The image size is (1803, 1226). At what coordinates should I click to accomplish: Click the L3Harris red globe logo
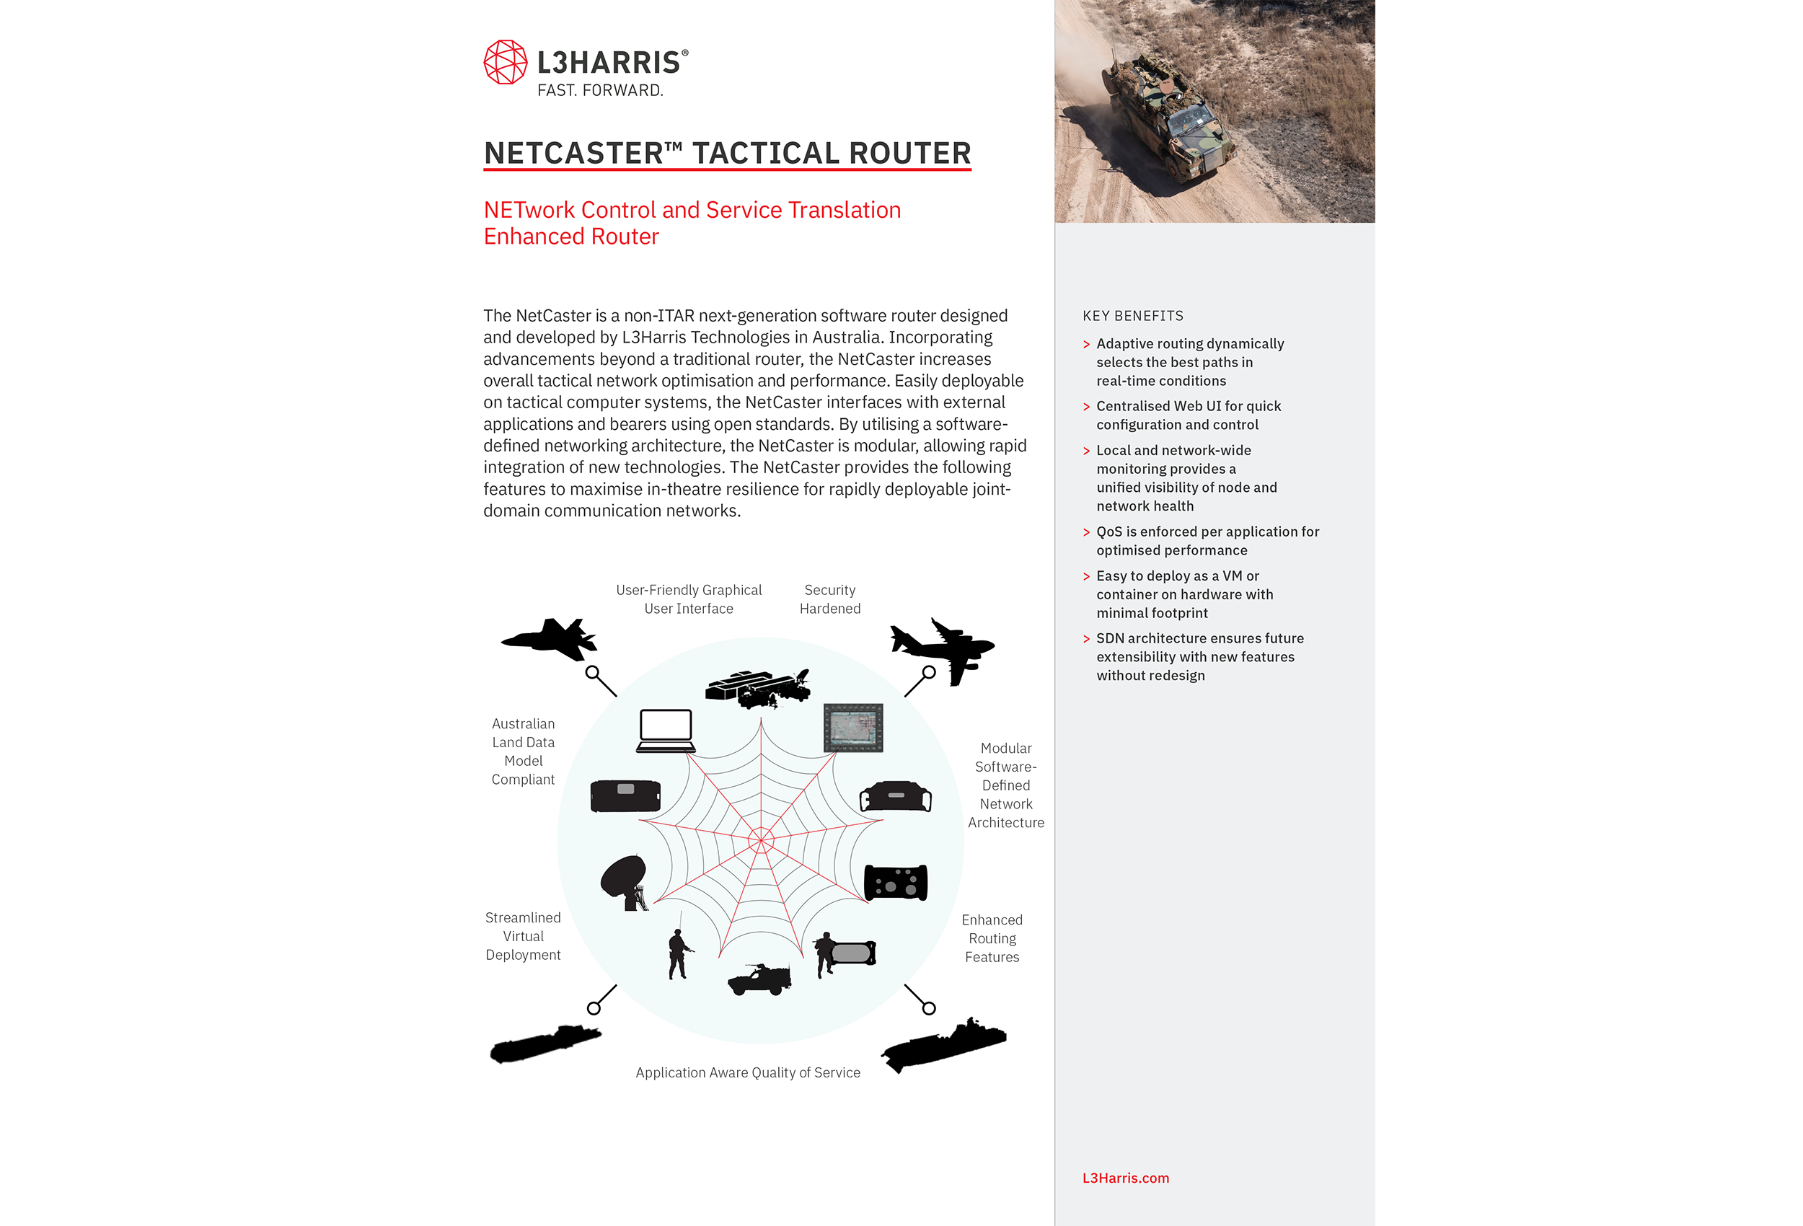click(505, 62)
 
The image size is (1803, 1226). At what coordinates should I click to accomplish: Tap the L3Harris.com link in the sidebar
click(1125, 1178)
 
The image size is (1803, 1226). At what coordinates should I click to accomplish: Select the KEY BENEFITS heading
click(1133, 316)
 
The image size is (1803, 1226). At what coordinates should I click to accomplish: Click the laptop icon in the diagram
click(666, 730)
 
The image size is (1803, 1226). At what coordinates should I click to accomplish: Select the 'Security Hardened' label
click(829, 599)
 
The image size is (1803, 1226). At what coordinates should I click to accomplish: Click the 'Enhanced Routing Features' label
click(992, 938)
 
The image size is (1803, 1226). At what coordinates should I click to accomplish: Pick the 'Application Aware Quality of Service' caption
click(748, 1072)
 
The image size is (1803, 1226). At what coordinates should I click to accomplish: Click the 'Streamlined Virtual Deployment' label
click(523, 936)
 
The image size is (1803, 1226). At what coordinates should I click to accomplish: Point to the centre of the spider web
click(760, 839)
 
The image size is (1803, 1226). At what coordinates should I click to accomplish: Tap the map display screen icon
click(852, 728)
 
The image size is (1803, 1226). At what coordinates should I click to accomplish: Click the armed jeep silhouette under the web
click(759, 979)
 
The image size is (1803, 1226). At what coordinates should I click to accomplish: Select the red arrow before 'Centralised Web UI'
click(1086, 407)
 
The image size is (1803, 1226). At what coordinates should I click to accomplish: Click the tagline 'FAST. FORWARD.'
click(600, 91)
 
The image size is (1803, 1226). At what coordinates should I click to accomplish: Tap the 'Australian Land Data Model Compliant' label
click(523, 751)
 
